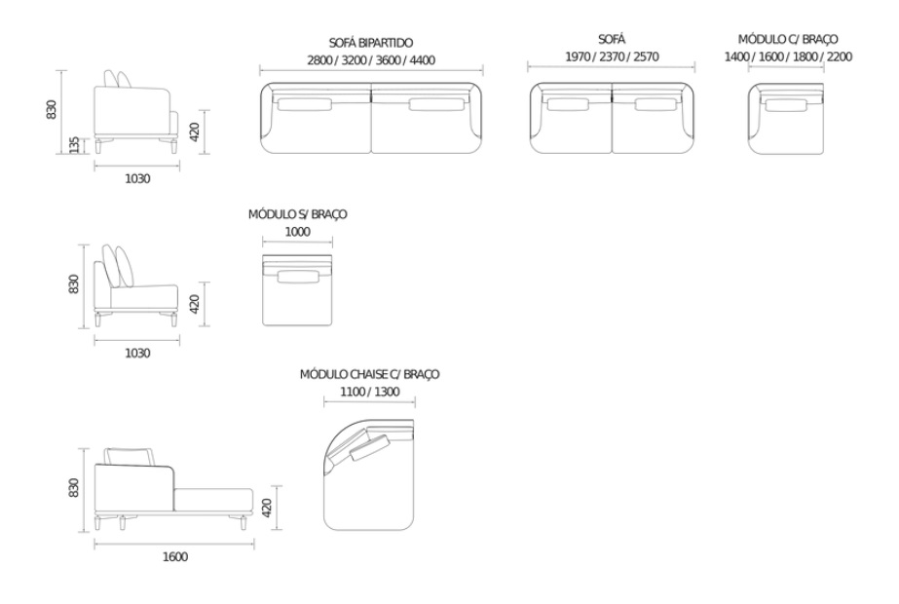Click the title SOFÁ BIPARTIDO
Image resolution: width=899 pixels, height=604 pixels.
pyautogui.click(x=371, y=43)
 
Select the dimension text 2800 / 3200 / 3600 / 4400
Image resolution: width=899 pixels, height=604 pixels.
pyautogui.click(x=371, y=60)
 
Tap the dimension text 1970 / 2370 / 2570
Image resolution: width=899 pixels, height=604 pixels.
pyautogui.click(x=612, y=57)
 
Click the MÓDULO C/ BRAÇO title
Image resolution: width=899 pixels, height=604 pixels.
pyautogui.click(x=788, y=39)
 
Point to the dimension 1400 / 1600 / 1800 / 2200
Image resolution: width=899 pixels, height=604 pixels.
pyautogui.click(x=788, y=57)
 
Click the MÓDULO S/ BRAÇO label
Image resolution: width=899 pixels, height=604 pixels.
pyautogui.click(x=297, y=214)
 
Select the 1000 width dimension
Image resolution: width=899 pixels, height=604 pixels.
pyautogui.click(x=297, y=232)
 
